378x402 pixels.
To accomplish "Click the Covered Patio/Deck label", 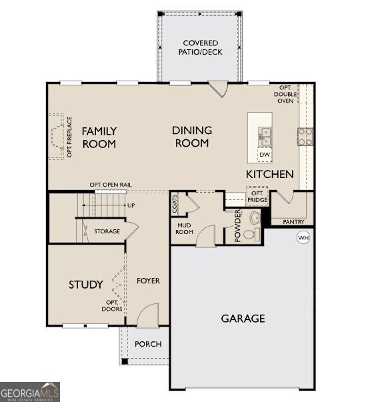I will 201,47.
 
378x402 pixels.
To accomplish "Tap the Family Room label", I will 99,137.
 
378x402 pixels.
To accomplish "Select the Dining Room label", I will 192,137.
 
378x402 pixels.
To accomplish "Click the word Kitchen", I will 269,174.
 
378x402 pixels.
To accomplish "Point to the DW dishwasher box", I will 265,155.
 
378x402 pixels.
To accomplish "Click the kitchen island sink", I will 265,137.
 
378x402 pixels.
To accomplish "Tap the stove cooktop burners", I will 305,136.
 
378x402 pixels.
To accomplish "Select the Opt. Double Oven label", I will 285,95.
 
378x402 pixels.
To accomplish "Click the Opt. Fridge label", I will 257,197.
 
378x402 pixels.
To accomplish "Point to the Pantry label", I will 293,222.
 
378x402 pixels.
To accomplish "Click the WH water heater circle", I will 303,237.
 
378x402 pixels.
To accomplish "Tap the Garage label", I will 243,318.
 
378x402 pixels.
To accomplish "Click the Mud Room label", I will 184,229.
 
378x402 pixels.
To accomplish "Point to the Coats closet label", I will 175,203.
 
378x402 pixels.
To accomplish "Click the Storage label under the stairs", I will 107,231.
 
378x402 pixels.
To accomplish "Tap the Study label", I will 86,285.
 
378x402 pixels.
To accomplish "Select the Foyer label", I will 148,281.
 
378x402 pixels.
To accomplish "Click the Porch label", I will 148,344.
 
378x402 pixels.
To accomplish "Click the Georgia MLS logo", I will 30,391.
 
